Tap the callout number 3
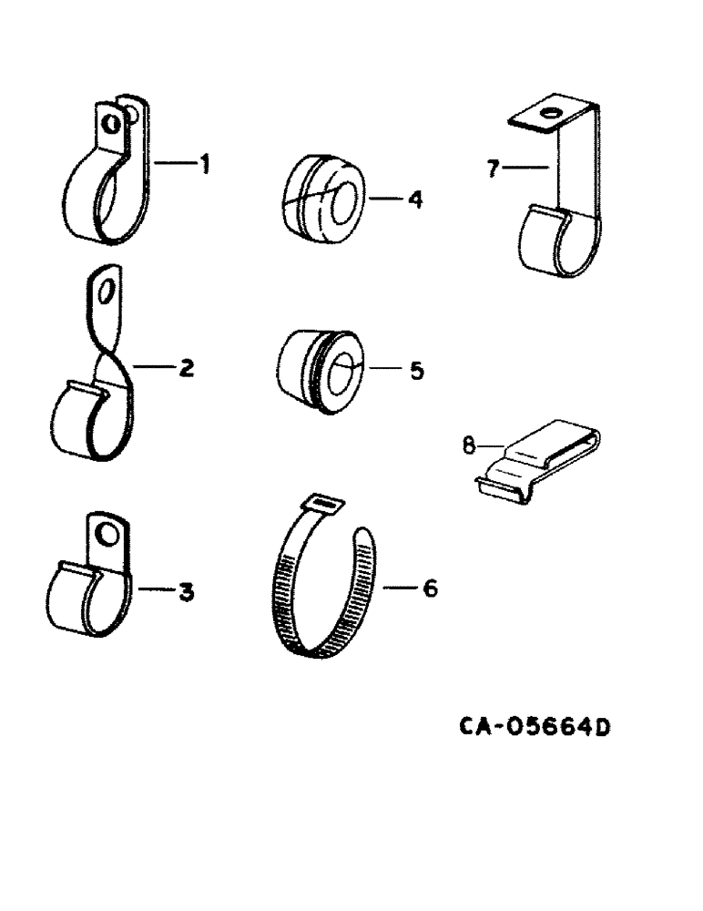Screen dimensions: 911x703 tap(186, 593)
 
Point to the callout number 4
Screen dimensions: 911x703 tap(414, 199)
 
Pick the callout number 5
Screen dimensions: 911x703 tap(416, 371)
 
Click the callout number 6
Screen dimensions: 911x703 tap(430, 589)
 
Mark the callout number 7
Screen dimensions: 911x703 tap(493, 169)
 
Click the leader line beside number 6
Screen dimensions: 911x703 tap(400, 589)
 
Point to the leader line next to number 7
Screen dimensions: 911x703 tap(525, 167)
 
